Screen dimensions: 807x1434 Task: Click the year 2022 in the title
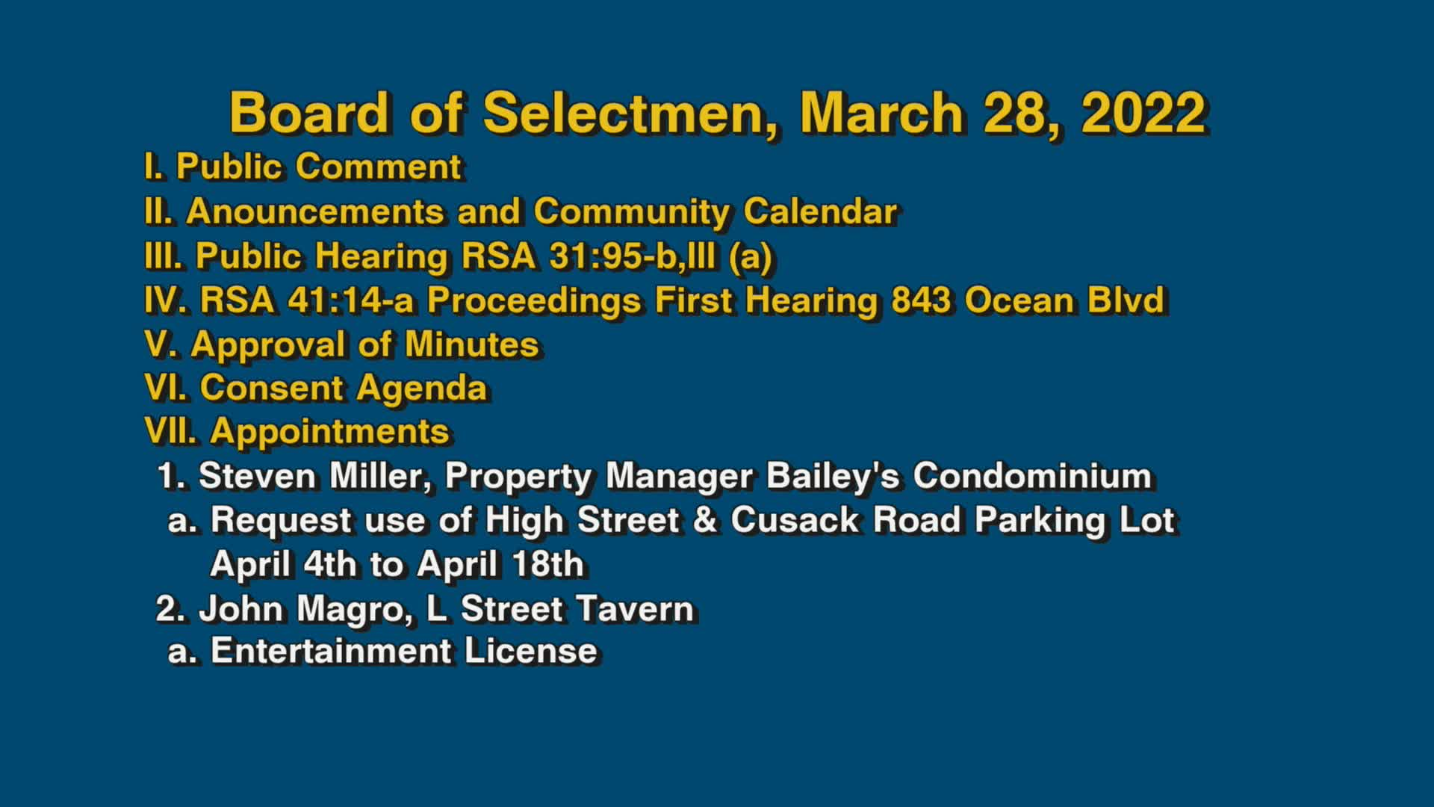coord(1143,113)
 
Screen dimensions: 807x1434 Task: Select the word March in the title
coord(881,113)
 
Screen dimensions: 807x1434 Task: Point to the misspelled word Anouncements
coord(315,211)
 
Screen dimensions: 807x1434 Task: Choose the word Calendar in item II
coord(820,211)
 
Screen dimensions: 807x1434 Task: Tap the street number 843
coord(921,300)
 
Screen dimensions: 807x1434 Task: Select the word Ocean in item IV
coord(1019,300)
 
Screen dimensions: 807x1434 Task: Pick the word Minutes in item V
coord(471,344)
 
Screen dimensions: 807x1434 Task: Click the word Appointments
coord(329,433)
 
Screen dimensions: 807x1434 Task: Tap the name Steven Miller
coord(314,476)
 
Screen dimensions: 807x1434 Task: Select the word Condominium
coord(1032,476)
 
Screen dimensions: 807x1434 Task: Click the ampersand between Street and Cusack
coord(704,520)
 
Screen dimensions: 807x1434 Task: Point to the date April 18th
coord(500,564)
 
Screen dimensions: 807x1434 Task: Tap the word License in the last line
coord(530,651)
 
